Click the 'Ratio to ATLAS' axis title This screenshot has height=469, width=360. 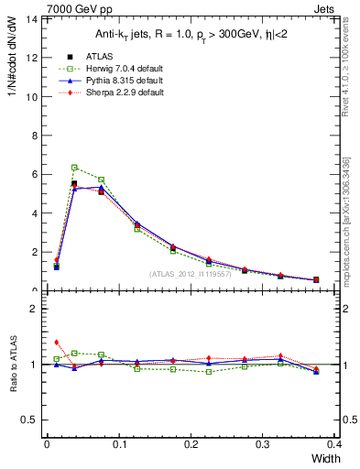tap(13, 362)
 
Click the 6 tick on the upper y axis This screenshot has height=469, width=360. tap(34, 174)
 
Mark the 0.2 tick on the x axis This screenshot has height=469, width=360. tap(191, 444)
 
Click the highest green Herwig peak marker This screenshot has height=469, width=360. tap(74, 168)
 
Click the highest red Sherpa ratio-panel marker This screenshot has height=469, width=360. tap(57, 342)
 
